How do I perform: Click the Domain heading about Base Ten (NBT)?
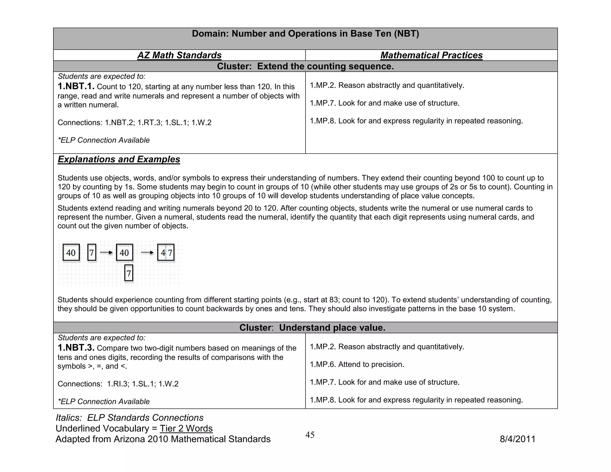tap(305, 34)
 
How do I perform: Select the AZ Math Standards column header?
tap(179, 55)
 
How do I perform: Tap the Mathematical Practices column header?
tap(431, 55)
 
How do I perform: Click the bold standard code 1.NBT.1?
tap(76, 87)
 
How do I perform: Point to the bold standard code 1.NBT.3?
tap(76, 348)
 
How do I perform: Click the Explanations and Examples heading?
tap(119, 159)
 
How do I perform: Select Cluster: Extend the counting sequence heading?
tap(305, 66)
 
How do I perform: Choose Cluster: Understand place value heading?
tap(312, 328)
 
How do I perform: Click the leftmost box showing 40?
tap(71, 253)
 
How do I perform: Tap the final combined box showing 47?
tap(166, 253)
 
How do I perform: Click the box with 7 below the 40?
tap(129, 273)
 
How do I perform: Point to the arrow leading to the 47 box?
tap(147, 253)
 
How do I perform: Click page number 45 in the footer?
tap(310, 435)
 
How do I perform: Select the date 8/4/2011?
tap(517, 439)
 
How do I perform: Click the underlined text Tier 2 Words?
tap(186, 428)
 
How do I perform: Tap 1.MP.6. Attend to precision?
tap(357, 364)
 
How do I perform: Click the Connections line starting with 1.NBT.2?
tap(134, 123)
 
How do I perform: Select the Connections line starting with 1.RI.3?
tap(118, 384)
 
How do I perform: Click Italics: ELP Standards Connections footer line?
tap(129, 418)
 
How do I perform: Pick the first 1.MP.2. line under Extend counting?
tap(387, 85)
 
